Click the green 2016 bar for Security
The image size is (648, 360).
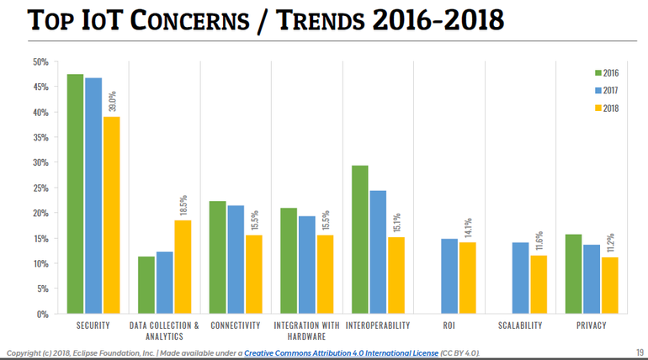[76, 193]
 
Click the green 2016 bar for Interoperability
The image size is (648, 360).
[359, 240]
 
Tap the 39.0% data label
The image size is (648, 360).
[111, 100]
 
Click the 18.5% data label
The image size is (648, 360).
[183, 204]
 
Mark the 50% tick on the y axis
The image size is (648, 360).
[40, 61]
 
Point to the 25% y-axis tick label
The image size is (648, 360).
[40, 188]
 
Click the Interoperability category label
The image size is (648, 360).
[377, 325]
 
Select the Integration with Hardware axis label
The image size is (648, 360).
[306, 330]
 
